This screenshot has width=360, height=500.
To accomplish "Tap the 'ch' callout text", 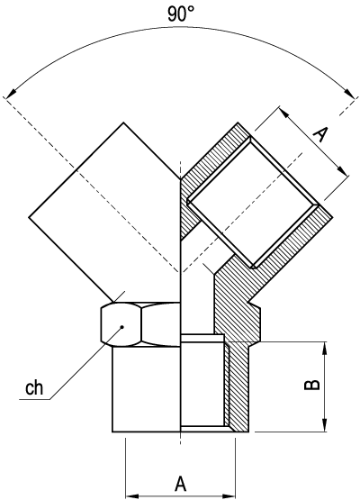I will point(34,389).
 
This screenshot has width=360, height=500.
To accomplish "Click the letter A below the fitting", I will point(180,484).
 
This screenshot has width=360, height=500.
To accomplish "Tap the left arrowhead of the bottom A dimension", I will point(130,494).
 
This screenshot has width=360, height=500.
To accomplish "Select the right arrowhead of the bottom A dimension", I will point(231,494).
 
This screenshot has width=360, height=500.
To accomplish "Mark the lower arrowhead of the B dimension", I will point(323,425).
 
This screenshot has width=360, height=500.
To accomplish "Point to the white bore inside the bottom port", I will point(202,383).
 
